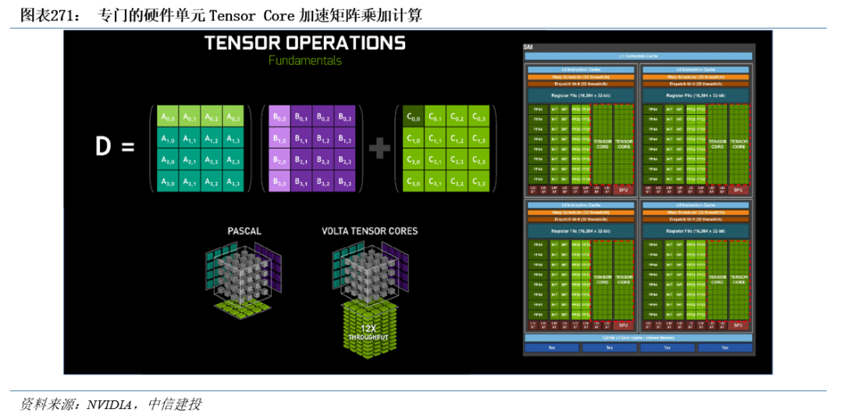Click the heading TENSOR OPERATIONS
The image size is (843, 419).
[x=304, y=43]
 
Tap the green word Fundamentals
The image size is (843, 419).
[x=304, y=60]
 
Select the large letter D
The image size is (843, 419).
[x=103, y=146]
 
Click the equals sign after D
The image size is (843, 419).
[x=129, y=146]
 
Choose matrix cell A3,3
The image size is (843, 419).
[x=233, y=182]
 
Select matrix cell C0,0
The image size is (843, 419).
[x=413, y=117]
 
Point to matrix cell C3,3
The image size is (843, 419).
[x=478, y=182]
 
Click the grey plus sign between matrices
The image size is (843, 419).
[x=379, y=148]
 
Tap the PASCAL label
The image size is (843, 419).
[x=244, y=231]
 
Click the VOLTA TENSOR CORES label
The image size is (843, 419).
[x=369, y=231]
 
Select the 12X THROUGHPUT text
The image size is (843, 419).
[x=369, y=332]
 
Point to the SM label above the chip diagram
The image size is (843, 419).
[x=528, y=48]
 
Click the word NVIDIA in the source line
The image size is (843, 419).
[x=109, y=404]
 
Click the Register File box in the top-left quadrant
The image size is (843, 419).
[x=581, y=94]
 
